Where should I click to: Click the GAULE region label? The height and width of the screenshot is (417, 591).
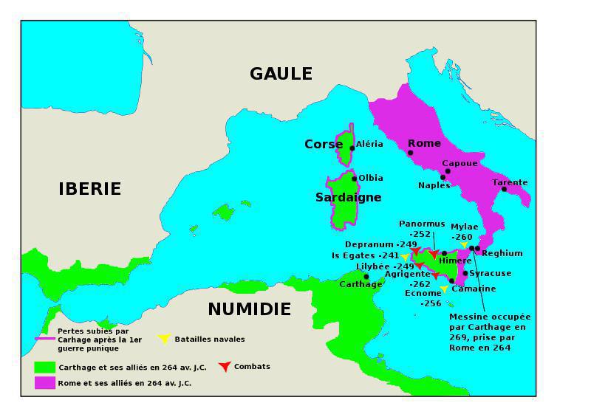point(281,74)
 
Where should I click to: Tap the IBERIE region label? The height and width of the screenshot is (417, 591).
point(89,189)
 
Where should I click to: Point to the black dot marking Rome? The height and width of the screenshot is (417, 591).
point(411,154)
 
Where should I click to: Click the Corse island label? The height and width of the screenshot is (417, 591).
point(324,145)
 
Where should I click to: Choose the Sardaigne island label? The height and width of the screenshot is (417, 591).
point(348,197)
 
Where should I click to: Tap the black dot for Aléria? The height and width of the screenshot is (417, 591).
point(352,148)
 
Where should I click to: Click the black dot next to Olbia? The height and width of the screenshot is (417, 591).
point(355,179)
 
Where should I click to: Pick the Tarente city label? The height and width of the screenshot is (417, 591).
point(510,182)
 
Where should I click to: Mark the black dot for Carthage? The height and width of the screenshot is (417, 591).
point(366,277)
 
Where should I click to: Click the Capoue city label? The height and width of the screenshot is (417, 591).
point(460,163)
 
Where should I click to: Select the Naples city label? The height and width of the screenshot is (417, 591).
point(434,185)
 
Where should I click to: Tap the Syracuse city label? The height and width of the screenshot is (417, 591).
point(491,273)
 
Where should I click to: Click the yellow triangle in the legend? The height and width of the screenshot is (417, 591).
point(164,340)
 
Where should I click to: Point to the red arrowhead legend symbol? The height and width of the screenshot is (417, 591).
point(225,367)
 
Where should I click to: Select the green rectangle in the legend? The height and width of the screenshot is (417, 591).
point(45,367)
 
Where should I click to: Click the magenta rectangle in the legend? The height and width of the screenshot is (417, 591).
point(45,383)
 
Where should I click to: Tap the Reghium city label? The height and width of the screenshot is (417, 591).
point(502,253)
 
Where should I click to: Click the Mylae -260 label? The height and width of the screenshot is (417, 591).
point(464,232)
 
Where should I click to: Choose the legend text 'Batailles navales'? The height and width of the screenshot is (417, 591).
point(210,340)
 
